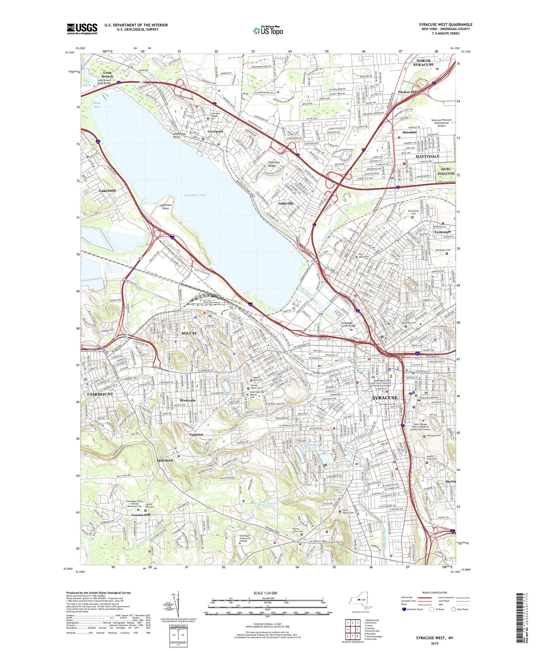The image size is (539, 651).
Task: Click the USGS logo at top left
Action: coord(82,29)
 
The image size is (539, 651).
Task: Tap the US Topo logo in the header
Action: coord(268,31)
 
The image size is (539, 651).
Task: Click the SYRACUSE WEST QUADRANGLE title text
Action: coord(445,25)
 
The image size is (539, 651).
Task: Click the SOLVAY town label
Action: coord(189,333)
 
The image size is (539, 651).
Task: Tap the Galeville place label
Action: coord(286,204)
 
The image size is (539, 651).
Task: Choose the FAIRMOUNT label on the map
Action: coord(100,394)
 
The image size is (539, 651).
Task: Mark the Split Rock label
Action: coord(165,460)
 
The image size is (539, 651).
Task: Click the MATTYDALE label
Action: coord(428,157)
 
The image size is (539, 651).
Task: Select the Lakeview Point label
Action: coord(166,207)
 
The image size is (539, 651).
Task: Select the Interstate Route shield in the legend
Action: coord(404,610)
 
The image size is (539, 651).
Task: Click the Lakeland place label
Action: coord(107,191)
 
